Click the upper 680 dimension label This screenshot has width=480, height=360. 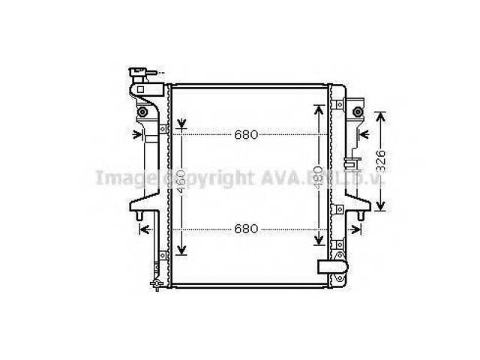246,136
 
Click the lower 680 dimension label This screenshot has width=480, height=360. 246,228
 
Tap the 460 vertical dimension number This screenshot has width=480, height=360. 181,178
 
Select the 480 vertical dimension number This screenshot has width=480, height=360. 317,175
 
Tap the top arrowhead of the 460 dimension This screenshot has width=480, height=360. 181,122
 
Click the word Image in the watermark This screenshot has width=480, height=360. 118,178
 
